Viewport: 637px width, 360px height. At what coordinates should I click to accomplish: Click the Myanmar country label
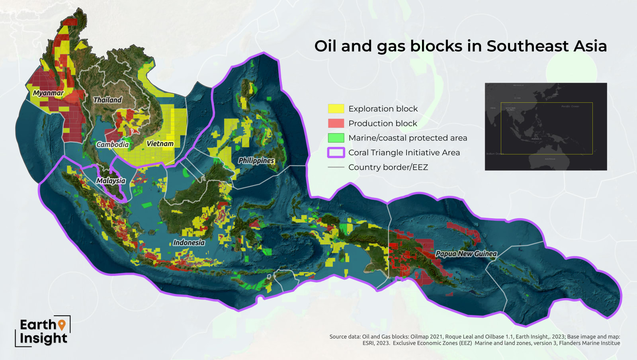coord(48,93)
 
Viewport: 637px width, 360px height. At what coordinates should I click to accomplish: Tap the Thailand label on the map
coord(107,100)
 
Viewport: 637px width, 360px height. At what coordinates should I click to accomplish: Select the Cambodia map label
coord(113,144)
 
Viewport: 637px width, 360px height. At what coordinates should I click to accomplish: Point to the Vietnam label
coord(160,143)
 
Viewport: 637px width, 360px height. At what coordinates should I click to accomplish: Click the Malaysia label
coord(111,180)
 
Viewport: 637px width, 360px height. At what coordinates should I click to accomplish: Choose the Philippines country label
coord(256,160)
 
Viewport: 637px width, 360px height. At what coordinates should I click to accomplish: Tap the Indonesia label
coord(189,243)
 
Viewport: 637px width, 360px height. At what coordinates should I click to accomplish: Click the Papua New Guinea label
coord(466,254)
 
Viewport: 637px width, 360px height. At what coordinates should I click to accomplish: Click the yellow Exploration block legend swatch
coord(336,109)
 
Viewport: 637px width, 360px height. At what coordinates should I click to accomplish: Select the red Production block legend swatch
coord(336,123)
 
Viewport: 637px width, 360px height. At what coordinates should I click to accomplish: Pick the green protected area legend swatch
coord(336,138)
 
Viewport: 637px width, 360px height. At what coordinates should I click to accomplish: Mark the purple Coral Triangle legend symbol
coord(336,153)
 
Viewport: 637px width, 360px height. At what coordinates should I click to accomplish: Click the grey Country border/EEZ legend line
coord(336,167)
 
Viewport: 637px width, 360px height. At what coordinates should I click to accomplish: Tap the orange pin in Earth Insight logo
coord(62,325)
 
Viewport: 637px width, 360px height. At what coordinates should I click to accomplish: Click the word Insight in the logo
coord(43,338)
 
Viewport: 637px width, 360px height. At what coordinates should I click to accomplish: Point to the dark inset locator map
coord(545,127)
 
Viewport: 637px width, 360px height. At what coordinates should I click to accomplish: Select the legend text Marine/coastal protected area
coord(408,138)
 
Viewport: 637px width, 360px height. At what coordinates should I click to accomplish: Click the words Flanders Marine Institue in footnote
coord(589,343)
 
